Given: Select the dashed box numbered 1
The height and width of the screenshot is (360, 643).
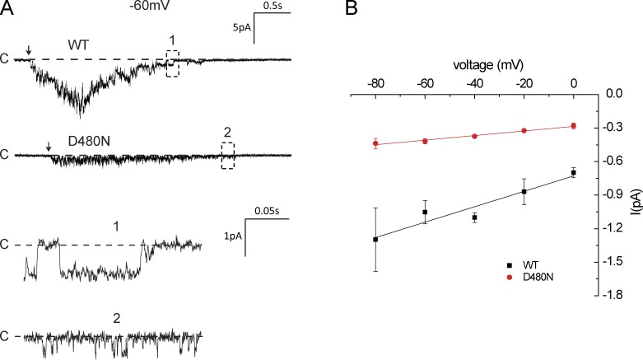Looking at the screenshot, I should pos(172,63).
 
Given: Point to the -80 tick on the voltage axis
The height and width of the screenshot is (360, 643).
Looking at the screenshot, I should pos(376,83).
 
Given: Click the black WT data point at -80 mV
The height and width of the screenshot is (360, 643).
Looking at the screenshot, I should pos(375,239).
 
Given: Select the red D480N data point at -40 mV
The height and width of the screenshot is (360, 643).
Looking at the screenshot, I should pos(475,136).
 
